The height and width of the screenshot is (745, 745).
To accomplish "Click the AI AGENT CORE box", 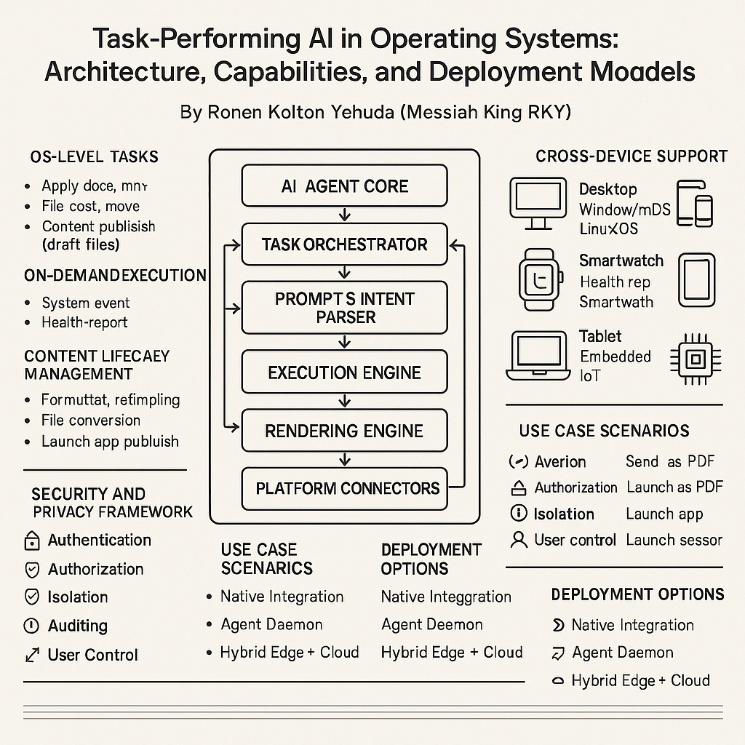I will tap(344, 186).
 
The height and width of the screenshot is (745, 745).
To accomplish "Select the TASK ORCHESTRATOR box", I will tap(344, 244).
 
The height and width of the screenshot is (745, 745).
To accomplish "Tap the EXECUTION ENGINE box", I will tap(344, 372).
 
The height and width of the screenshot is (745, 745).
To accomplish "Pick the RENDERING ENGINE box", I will tap(344, 431).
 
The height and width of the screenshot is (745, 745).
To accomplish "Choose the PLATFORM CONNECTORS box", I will tap(347, 487).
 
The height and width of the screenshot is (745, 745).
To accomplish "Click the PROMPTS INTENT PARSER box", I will tap(344, 308).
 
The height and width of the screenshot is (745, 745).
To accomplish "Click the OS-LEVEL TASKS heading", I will tap(95, 156).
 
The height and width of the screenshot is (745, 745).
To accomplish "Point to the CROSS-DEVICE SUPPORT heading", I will tap(632, 156).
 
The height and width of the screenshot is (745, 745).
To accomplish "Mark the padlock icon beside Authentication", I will tap(32, 541).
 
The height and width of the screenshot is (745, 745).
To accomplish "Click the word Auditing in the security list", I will tap(78, 626).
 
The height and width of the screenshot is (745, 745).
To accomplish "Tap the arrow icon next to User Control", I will tap(32, 655).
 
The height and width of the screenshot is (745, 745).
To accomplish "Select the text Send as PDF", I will tap(670, 461).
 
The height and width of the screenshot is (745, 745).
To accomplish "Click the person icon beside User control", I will tap(519, 540).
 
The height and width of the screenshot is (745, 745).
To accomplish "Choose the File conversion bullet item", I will tap(91, 421).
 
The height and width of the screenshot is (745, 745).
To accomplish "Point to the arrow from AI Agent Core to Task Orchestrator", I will tap(345, 215).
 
